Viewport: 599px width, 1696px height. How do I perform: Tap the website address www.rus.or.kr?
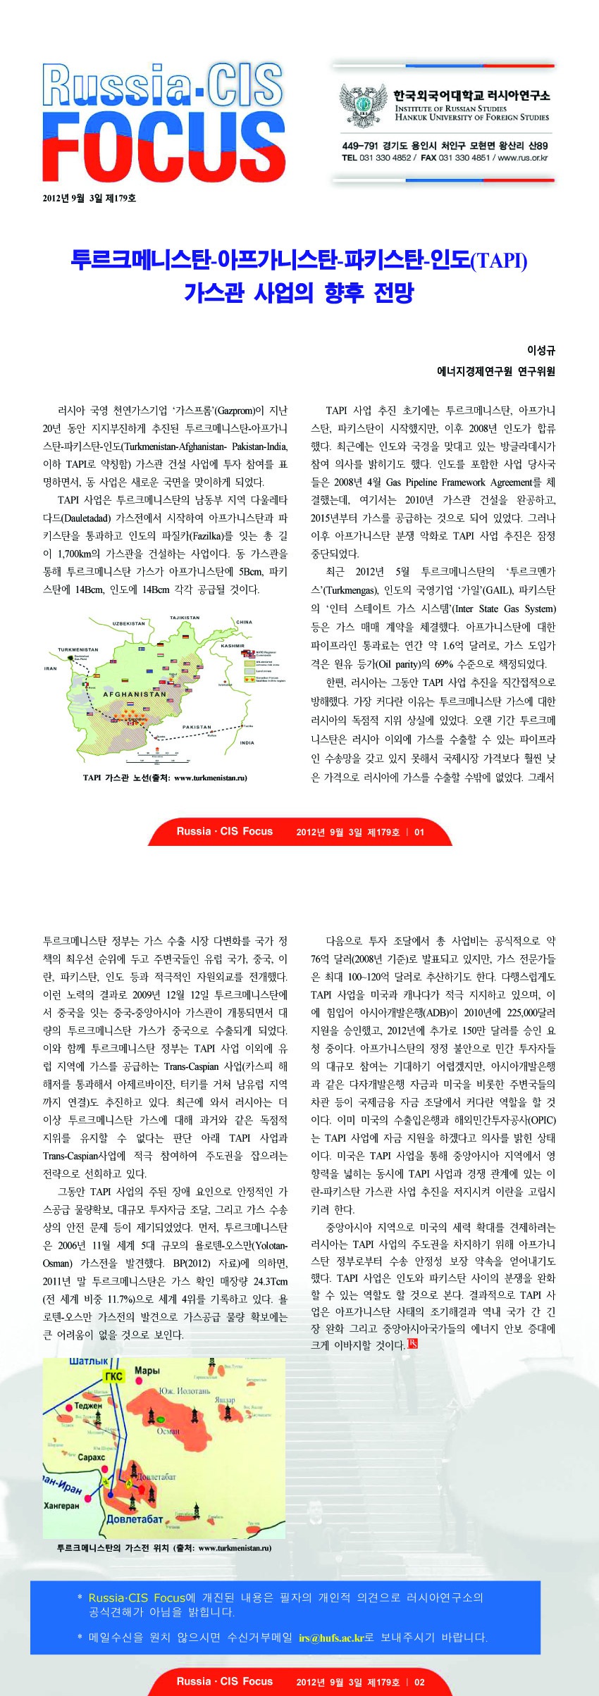click(x=522, y=158)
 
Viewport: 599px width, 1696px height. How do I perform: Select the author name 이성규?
click(x=541, y=351)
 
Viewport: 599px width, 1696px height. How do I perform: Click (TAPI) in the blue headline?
click(x=498, y=261)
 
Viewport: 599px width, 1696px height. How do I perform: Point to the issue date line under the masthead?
click(x=89, y=199)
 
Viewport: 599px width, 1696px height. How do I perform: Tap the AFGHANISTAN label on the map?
click(x=135, y=694)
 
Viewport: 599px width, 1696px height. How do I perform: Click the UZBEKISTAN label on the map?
click(x=128, y=623)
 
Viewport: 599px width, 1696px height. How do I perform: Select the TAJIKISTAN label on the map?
click(x=185, y=618)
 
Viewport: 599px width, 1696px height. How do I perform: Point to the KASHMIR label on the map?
click(x=233, y=645)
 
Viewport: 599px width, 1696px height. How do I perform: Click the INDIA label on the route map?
click(x=247, y=742)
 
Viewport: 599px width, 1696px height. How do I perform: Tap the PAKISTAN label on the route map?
click(x=197, y=727)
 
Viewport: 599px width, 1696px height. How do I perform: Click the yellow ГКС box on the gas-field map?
click(x=113, y=1376)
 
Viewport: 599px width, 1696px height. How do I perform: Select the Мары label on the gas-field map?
click(x=147, y=1371)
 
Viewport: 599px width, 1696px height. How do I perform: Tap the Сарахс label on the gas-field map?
click(x=91, y=1457)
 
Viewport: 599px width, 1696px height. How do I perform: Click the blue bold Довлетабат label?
click(x=135, y=1519)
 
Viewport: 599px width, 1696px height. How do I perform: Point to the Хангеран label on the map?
click(x=61, y=1505)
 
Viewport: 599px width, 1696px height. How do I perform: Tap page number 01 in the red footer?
click(x=419, y=832)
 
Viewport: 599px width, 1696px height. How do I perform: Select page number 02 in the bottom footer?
click(x=419, y=1682)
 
